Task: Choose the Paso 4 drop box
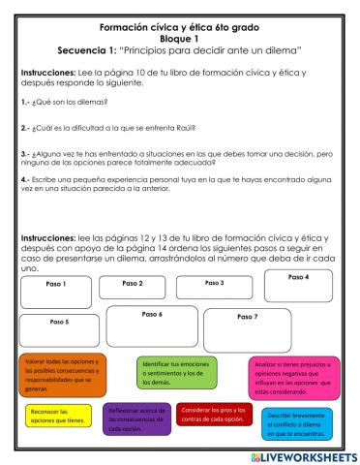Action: [x=299, y=288]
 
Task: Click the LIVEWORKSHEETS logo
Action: [x=298, y=454]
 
